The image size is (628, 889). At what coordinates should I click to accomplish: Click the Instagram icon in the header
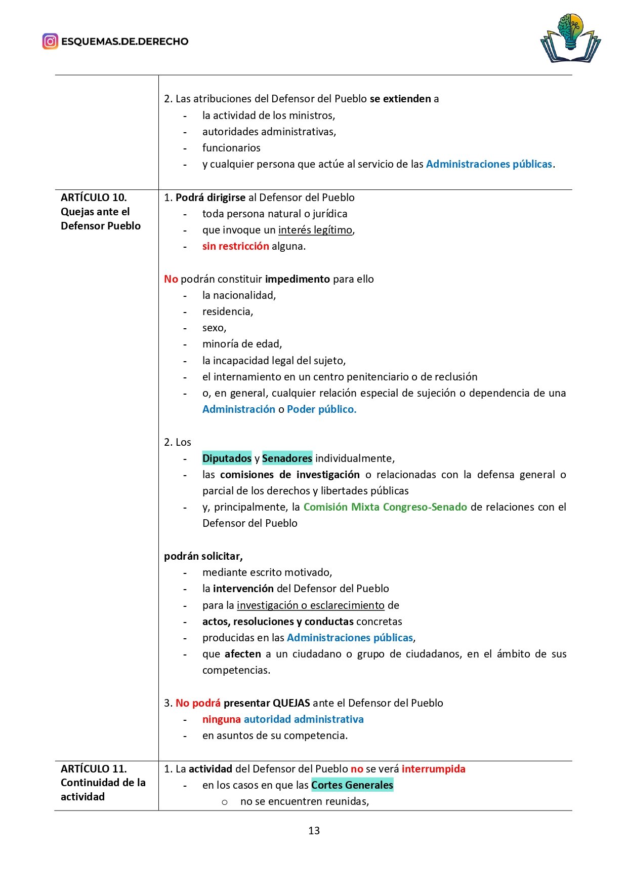[x=50, y=41]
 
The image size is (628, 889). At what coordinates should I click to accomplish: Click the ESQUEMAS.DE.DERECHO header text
[x=124, y=42]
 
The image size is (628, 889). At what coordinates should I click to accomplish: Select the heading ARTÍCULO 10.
[x=94, y=198]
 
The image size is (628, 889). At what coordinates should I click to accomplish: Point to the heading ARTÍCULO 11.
[x=94, y=768]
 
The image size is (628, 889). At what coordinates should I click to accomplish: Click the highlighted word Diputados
[x=227, y=458]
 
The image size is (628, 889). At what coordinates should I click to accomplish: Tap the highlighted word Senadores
[x=287, y=458]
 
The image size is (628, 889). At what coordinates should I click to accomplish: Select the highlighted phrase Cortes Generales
[x=352, y=785]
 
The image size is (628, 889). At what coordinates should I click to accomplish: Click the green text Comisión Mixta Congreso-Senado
[x=385, y=507]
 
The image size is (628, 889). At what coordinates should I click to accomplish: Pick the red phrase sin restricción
[x=236, y=246]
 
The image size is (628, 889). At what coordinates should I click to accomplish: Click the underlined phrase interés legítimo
[x=315, y=230]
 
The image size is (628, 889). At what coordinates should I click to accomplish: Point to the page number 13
[x=314, y=831]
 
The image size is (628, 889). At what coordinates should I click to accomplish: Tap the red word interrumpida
[x=433, y=769]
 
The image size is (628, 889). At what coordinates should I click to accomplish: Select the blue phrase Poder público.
[x=321, y=409]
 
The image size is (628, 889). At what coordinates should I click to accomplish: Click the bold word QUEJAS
[x=291, y=703]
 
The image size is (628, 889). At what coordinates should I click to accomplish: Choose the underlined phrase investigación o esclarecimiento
[x=311, y=605]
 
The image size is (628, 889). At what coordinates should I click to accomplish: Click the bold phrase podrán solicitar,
[x=203, y=556]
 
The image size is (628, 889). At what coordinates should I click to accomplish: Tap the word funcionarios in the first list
[x=231, y=148]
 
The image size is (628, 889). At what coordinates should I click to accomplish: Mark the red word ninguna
[x=222, y=719]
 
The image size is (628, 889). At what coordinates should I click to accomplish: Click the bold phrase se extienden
[x=400, y=99]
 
